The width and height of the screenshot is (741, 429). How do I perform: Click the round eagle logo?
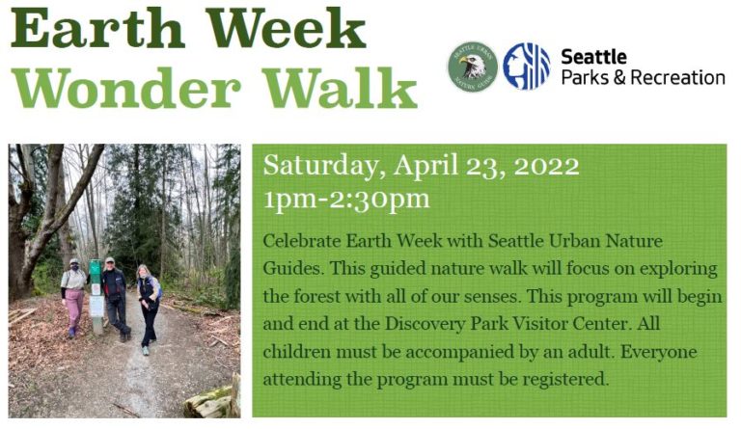tap(471, 67)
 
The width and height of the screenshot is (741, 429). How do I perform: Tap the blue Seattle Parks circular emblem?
tap(526, 67)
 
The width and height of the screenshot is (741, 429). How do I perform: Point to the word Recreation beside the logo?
tap(678, 77)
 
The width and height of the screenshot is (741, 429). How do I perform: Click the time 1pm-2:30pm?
tap(346, 200)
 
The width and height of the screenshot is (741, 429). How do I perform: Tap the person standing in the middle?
tap(116, 297)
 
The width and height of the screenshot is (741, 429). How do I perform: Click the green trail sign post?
tap(96, 294)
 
